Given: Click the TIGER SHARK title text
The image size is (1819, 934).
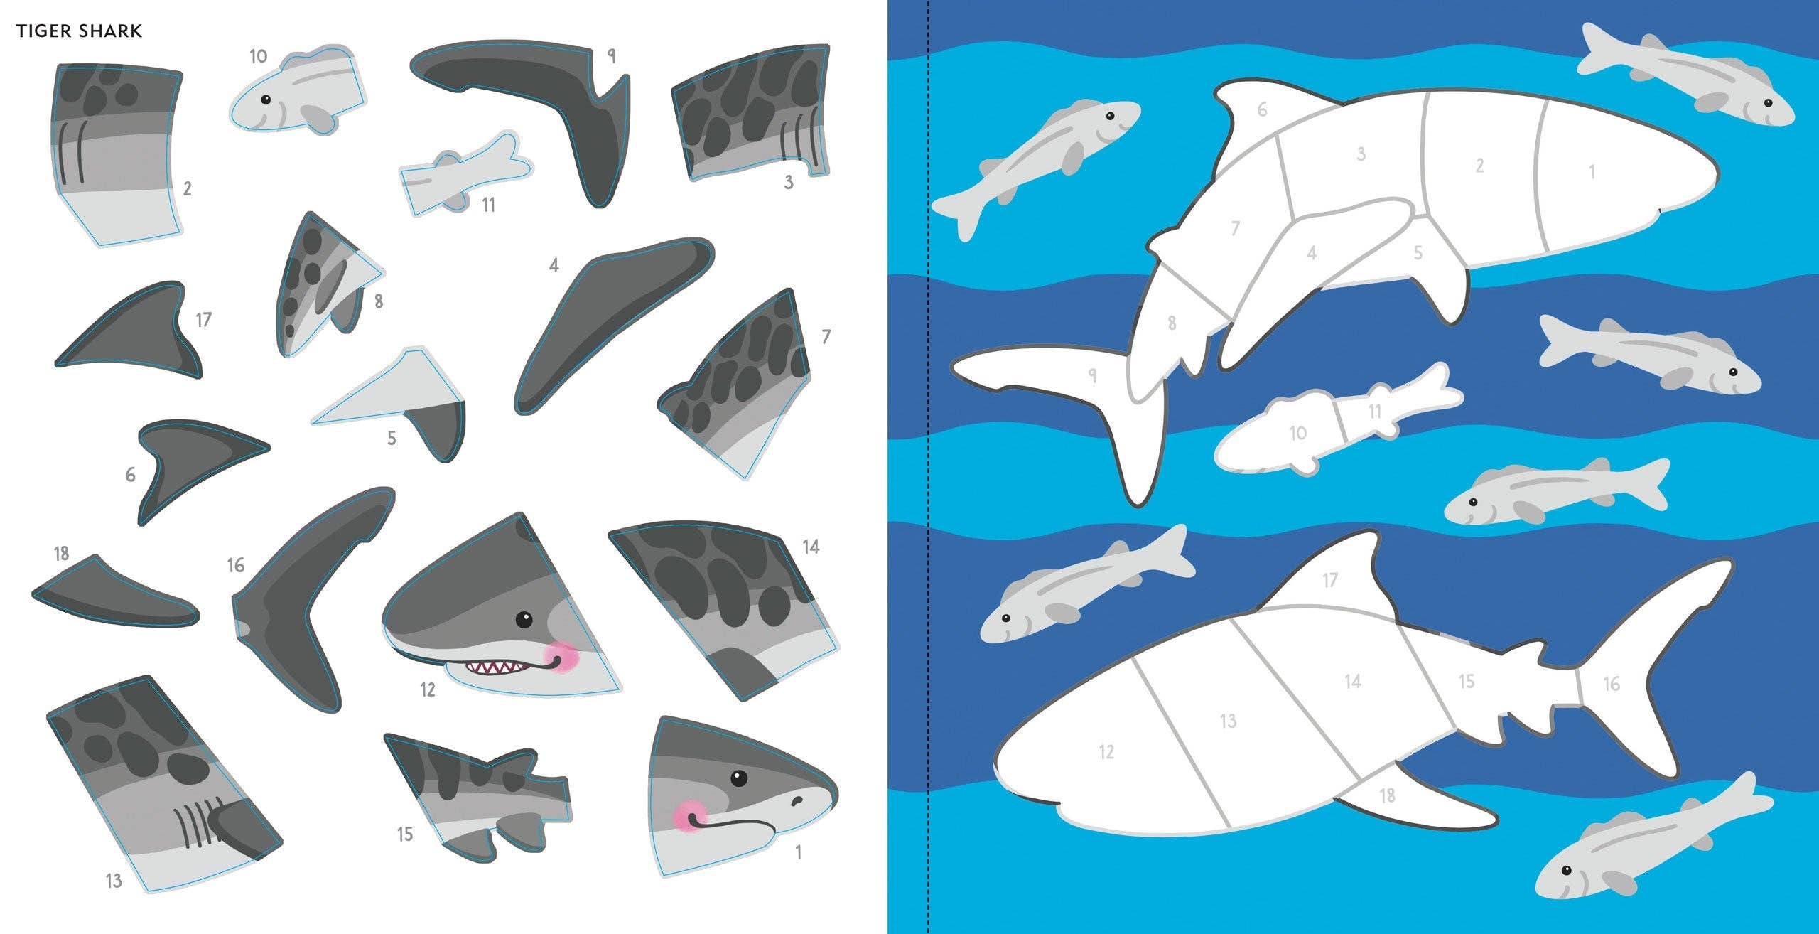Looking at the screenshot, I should point(80,31).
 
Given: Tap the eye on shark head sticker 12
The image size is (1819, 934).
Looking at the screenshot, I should point(524,620).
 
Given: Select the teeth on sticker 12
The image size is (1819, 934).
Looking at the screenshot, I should point(495,667).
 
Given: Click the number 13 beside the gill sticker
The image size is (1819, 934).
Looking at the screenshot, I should point(114,881).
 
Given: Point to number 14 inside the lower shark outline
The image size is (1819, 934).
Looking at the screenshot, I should point(1352,682).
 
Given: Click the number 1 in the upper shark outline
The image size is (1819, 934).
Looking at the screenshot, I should point(1592,172).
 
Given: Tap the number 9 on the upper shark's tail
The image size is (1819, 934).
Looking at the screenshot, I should point(1093,375).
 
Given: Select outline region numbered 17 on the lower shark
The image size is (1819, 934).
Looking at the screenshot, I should point(1330,580).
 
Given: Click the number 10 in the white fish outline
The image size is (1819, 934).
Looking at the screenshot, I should point(1297,433).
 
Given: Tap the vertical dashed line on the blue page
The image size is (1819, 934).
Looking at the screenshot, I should point(929,462).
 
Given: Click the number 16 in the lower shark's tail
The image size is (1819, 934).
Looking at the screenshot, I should point(1612,684).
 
